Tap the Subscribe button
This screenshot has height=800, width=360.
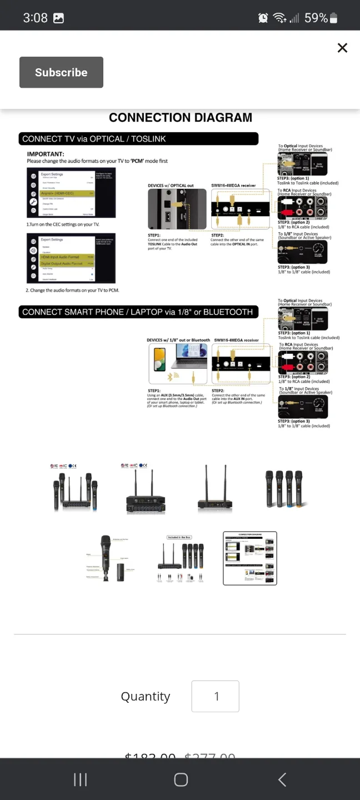(x=61, y=72)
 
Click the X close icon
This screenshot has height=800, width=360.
(x=342, y=48)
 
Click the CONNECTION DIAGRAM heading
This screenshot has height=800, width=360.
(x=181, y=117)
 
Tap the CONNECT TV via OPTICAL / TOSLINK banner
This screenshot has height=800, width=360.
(x=139, y=139)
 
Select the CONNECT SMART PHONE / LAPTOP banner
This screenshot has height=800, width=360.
(x=139, y=312)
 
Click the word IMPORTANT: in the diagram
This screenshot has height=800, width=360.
(x=46, y=154)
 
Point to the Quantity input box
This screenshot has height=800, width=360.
(x=216, y=696)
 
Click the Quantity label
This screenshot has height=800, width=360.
(x=146, y=697)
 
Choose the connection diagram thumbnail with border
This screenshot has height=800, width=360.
(x=249, y=558)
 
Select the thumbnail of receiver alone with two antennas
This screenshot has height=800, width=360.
(x=214, y=489)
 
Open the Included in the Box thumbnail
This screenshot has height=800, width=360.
(x=181, y=558)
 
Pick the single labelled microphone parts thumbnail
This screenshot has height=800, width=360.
(x=111, y=558)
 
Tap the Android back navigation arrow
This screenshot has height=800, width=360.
(x=282, y=779)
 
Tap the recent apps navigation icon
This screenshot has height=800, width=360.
(x=80, y=779)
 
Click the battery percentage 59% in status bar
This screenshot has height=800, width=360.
(x=316, y=18)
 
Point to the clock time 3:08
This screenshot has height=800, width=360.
(x=35, y=18)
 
